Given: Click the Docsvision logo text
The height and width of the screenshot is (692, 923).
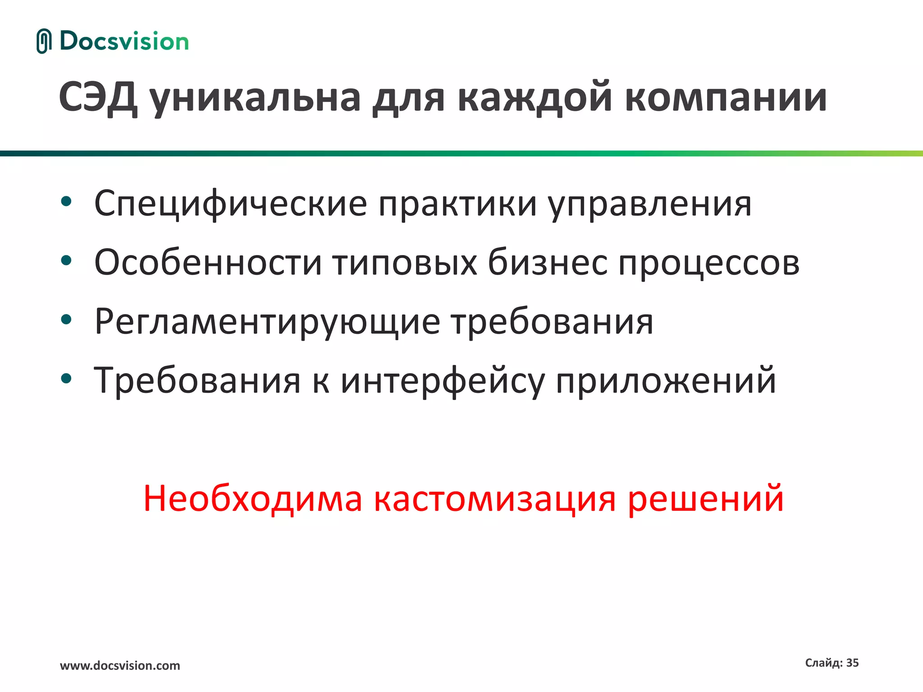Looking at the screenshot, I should click(124, 41).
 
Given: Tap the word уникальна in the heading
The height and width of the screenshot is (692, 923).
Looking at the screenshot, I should click(255, 98).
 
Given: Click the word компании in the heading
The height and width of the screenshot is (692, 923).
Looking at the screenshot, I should click(726, 98).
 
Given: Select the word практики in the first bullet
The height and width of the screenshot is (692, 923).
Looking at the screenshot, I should click(457, 204).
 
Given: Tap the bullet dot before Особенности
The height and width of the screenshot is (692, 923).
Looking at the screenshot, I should click(66, 260).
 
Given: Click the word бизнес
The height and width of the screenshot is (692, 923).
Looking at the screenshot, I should click(547, 263).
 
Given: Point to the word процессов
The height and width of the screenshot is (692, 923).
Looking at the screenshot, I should click(708, 263).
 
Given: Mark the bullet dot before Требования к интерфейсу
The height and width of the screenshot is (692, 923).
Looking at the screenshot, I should click(66, 378).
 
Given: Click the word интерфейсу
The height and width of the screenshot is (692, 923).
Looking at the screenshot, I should click(442, 381).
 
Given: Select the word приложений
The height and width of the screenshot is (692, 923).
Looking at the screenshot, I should click(666, 381).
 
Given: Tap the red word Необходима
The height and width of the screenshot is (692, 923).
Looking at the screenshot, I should click(252, 499).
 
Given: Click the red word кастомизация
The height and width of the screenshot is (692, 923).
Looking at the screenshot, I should click(494, 499).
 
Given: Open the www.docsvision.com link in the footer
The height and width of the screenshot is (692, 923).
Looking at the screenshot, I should click(120, 665).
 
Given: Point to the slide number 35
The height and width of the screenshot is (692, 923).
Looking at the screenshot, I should click(852, 663).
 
